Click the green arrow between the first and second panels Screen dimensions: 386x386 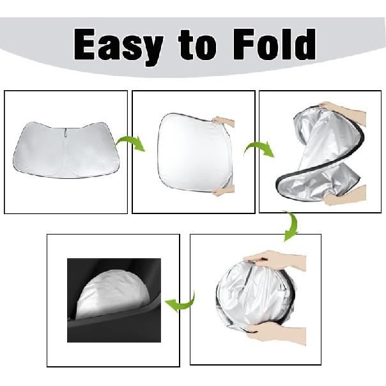click(x=130, y=144)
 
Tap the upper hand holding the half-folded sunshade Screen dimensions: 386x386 click(x=223, y=121)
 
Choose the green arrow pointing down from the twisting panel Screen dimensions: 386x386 click(x=291, y=226)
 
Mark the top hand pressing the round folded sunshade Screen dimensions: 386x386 click(x=275, y=259)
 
